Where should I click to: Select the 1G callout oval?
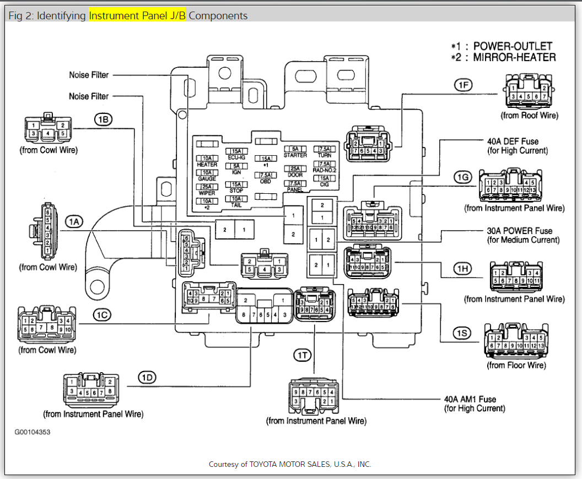tap(462, 177)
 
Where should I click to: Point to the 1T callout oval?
tap(303, 355)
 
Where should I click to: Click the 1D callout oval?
tap(147, 377)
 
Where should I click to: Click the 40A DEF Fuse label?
tap(513, 141)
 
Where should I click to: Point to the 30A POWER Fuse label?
tap(519, 231)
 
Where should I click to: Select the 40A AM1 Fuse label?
tap(470, 399)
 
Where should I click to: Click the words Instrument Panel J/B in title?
tap(137, 16)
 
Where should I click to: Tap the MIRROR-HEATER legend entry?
tap(509, 57)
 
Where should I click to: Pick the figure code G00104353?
tap(33, 432)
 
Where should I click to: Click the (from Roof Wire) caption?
tap(529, 116)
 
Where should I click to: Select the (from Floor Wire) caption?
tap(516, 365)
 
